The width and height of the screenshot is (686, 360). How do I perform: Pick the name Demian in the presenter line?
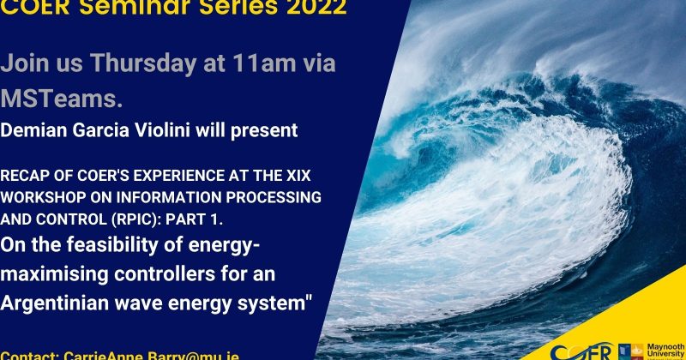(x=33, y=131)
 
